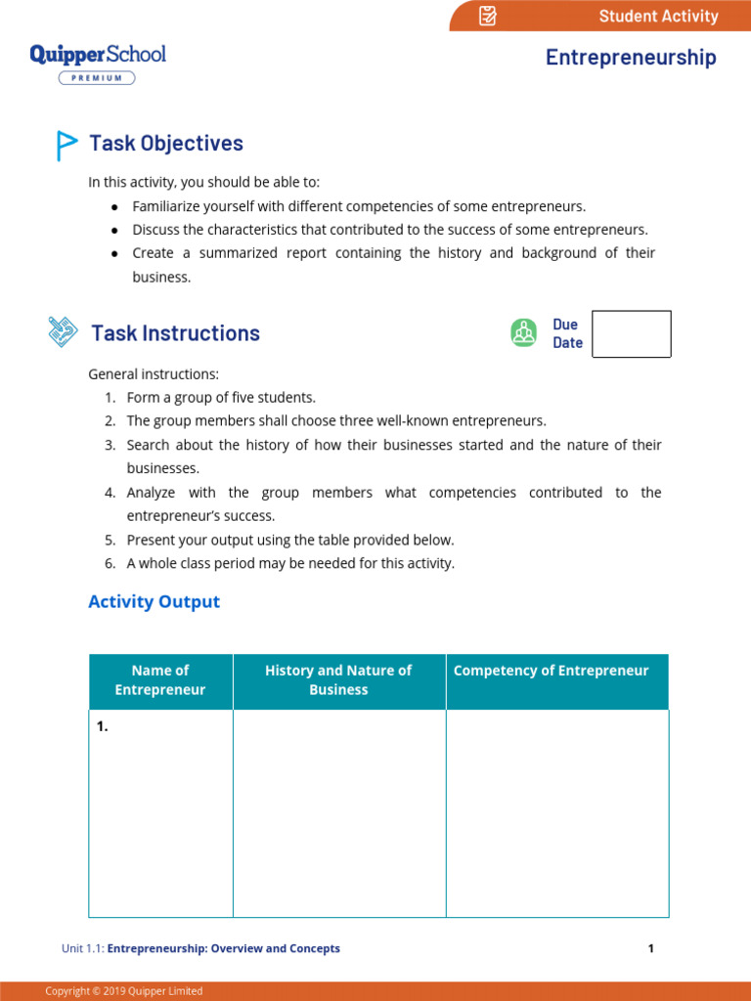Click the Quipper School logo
point(98,54)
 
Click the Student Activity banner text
point(658,16)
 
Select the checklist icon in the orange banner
point(488,16)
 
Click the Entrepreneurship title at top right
point(631,58)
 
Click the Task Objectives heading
point(166,144)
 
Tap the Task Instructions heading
point(175,333)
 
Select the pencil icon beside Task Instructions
point(63,332)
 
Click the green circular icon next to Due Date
point(524,333)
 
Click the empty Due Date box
point(632,334)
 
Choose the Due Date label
point(567,333)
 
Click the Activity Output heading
point(154,602)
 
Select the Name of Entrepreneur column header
point(160,680)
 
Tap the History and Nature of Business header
point(338,680)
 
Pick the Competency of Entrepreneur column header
point(552,671)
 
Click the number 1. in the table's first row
point(102,726)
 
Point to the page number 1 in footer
point(650,948)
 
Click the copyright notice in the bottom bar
point(124,991)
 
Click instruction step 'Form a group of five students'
point(221,398)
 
